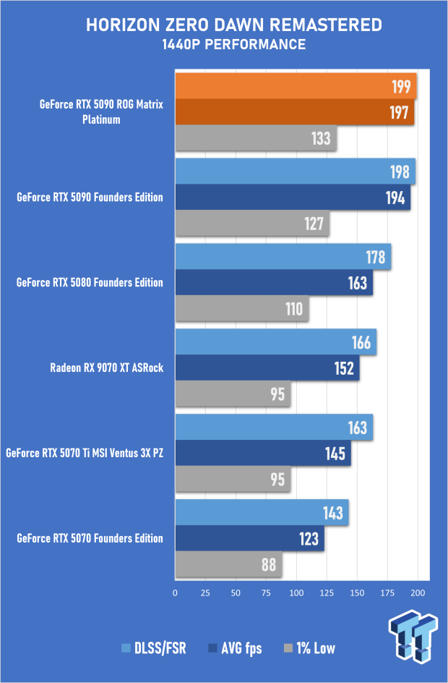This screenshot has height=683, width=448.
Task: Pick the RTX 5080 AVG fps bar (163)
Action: coord(274,282)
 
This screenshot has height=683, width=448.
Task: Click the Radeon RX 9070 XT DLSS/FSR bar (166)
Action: coord(275,341)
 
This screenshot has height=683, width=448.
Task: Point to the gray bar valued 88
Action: coord(228,564)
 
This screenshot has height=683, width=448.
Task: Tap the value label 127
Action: coord(314,224)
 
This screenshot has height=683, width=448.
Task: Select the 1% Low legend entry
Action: coord(310,648)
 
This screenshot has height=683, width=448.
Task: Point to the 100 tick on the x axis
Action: coord(296,593)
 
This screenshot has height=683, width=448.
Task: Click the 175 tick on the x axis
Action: coord(387,593)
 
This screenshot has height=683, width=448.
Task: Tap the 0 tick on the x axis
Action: coord(176,593)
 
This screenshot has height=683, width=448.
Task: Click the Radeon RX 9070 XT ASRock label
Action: coord(106,368)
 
